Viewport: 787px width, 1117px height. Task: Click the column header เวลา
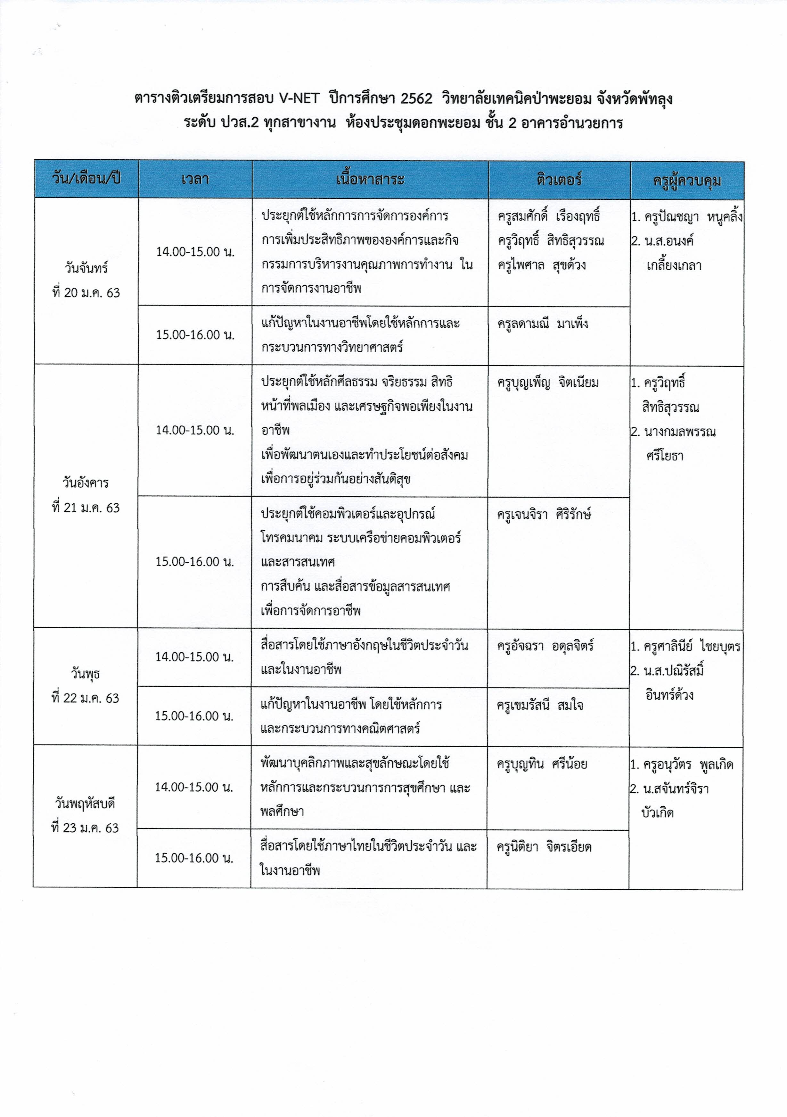(x=195, y=180)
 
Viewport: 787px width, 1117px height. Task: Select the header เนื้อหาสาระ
(x=370, y=180)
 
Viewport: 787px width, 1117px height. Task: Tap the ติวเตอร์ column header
(x=559, y=180)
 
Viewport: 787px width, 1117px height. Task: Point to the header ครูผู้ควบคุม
(x=687, y=181)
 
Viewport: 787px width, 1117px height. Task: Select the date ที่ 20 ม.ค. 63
(x=86, y=293)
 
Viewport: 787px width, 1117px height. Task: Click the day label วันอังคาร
(x=86, y=483)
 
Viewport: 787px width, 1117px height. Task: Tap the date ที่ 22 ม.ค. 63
(x=85, y=698)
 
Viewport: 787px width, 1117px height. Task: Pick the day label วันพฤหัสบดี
(x=85, y=804)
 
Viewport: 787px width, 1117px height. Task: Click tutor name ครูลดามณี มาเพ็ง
(x=543, y=323)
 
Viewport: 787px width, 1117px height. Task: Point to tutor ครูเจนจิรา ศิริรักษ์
(x=544, y=514)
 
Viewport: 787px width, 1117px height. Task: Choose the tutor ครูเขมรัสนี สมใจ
(x=540, y=705)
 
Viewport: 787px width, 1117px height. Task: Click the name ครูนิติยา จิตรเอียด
(x=544, y=847)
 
